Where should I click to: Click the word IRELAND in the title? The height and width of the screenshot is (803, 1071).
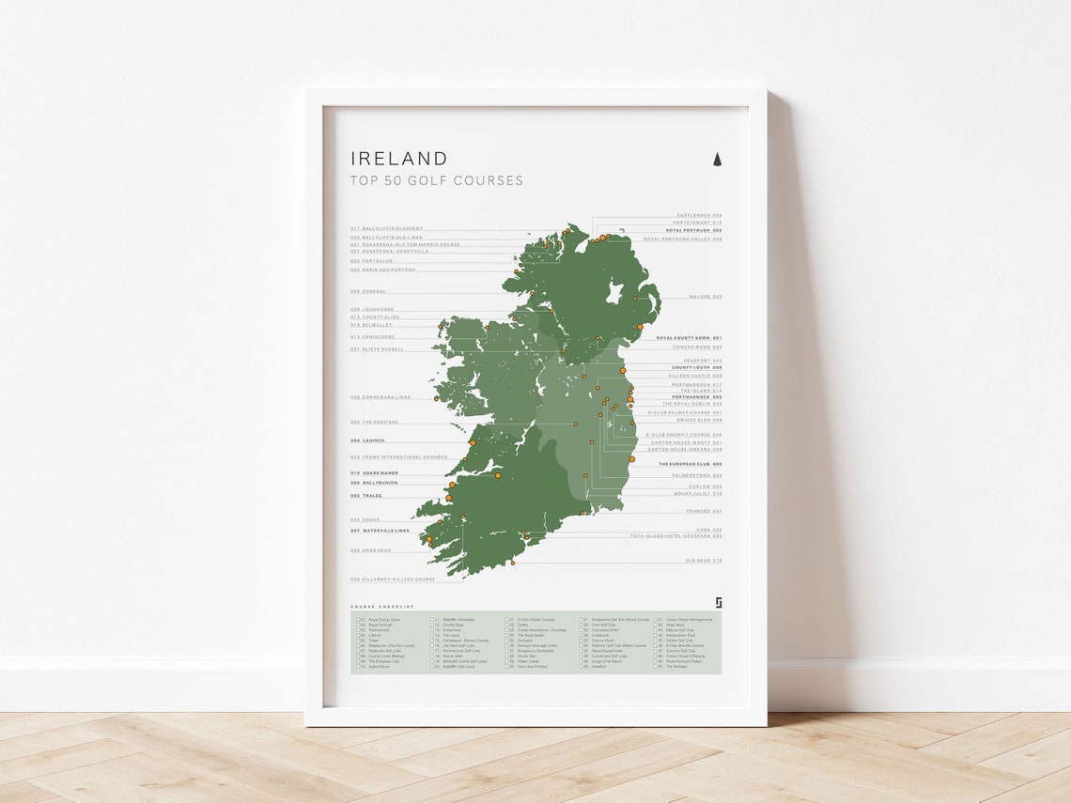[x=399, y=159]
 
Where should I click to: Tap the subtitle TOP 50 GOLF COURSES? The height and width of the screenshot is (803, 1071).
[x=437, y=180]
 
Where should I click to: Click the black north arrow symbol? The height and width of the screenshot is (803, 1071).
[x=717, y=159]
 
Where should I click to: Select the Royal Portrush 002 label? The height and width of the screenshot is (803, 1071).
[x=693, y=230]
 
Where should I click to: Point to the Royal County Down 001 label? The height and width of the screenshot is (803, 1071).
[x=689, y=337]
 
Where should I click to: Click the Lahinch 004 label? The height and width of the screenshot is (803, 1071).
[x=368, y=440]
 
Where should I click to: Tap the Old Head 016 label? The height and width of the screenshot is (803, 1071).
[x=704, y=561]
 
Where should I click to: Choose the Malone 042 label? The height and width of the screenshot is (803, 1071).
[x=705, y=297]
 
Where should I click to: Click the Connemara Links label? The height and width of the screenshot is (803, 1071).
[x=380, y=397]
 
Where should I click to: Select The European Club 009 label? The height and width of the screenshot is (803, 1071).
[x=690, y=464]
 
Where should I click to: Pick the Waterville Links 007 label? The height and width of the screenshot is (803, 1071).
[x=380, y=531]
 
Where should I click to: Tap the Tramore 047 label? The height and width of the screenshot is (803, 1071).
[x=704, y=511]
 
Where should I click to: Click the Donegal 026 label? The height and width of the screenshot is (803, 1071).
[x=368, y=291]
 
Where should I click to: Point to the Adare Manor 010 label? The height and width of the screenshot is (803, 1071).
[x=375, y=473]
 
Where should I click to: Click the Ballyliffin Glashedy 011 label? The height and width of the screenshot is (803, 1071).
[x=387, y=228]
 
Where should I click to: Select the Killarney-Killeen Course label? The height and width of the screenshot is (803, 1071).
[x=393, y=579]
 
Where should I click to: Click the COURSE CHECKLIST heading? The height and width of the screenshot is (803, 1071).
[x=381, y=607]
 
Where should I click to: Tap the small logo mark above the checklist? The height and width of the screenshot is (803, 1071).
[x=718, y=603]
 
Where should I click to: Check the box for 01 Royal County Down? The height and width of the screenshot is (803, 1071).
[x=358, y=620]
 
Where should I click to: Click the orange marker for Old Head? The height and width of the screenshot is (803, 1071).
[x=513, y=564]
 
